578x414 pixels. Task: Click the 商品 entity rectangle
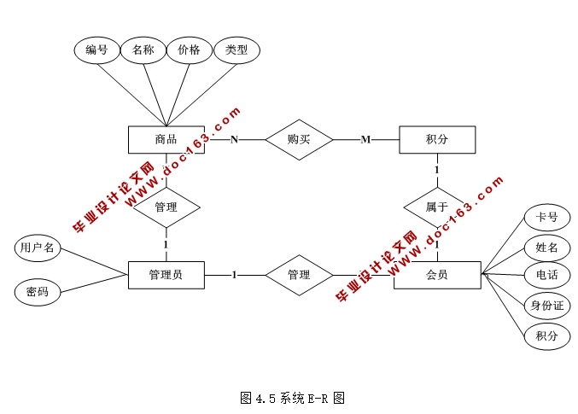tap(166, 139)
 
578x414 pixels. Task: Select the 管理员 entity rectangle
tap(166, 275)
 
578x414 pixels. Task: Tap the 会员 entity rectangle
tap(436, 275)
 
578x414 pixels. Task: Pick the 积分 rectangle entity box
tap(436, 139)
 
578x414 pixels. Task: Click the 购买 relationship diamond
tap(299, 139)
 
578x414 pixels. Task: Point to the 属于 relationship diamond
tap(436, 207)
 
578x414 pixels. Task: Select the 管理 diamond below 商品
tap(166, 207)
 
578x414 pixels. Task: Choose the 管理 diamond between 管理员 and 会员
tap(299, 275)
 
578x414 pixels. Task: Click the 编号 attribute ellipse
tap(96, 50)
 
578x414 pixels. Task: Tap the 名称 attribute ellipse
tap(143, 50)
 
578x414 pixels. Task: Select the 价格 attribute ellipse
tap(189, 50)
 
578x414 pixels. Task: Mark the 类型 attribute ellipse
tap(236, 50)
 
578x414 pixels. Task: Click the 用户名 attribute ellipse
tap(38, 248)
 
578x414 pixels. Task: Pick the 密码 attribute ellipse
tap(38, 293)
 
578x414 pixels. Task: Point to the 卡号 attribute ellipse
tap(546, 218)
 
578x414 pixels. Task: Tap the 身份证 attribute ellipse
tap(546, 306)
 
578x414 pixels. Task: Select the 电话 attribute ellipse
tap(546, 276)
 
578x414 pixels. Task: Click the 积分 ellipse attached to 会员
tap(546, 335)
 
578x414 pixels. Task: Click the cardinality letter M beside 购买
tap(365, 139)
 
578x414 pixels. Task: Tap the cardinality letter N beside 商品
tap(233, 139)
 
